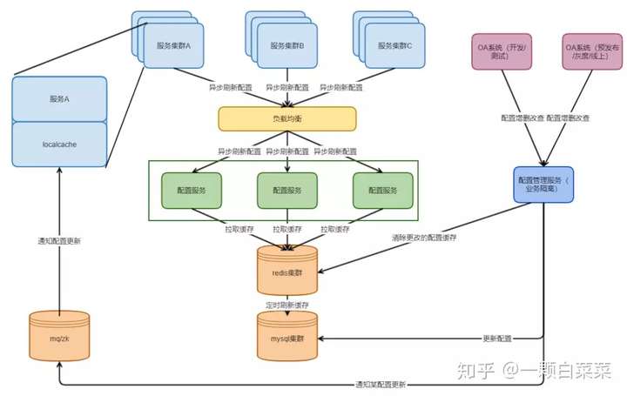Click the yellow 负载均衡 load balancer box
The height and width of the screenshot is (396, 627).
tap(287, 118)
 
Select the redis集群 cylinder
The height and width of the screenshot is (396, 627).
tap(287, 271)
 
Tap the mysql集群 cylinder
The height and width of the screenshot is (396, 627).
tap(287, 336)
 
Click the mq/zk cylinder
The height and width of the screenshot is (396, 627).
tap(59, 336)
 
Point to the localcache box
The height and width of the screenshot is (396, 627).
tap(59, 144)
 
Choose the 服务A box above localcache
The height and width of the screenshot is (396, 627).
tap(59, 99)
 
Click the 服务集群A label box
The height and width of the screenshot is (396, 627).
tap(173, 45)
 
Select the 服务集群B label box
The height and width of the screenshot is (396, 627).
tap(287, 45)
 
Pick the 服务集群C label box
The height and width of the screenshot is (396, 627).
tap(394, 45)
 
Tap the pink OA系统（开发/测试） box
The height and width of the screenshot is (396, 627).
tap(502, 51)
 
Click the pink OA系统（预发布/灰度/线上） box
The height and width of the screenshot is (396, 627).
tap(592, 51)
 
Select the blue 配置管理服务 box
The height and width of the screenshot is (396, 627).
tap(543, 185)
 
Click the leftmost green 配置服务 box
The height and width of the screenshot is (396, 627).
tap(192, 191)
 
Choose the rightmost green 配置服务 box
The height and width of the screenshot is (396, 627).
tap(382, 191)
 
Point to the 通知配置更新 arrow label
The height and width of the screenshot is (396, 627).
tap(59, 241)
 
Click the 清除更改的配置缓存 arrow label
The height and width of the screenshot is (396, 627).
tap(424, 238)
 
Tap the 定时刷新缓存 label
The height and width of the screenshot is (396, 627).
tap(287, 305)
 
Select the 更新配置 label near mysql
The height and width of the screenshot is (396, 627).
tap(497, 339)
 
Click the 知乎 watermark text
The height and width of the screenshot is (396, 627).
tap(475, 371)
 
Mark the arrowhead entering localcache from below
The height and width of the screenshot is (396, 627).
tap(59, 170)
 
